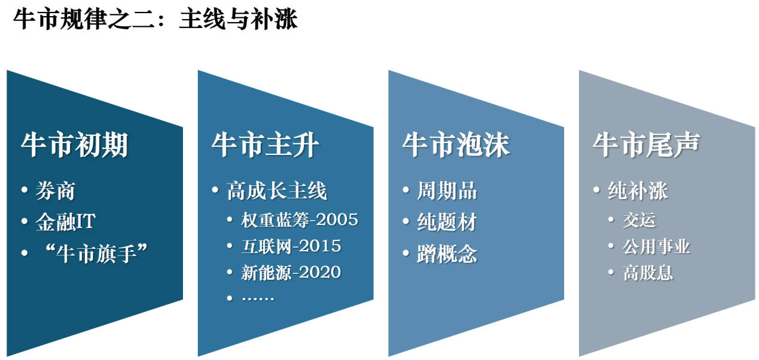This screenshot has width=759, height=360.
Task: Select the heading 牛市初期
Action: [x=75, y=145]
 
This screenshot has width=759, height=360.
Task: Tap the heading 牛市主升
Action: [x=266, y=145]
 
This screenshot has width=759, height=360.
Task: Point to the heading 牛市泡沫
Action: [x=456, y=145]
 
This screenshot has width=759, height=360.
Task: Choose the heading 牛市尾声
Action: [x=647, y=145]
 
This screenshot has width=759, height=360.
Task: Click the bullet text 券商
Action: [x=55, y=191]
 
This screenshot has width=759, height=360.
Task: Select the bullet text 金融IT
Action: [x=65, y=222]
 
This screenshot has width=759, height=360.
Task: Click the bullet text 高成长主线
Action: [x=277, y=191]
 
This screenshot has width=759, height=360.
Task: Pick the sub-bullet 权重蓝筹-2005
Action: [x=300, y=220]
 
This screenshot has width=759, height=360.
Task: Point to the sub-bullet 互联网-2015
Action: [x=291, y=246]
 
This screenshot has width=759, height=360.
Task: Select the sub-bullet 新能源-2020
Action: [x=291, y=272]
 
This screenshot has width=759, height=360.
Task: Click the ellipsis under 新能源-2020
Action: [x=258, y=297]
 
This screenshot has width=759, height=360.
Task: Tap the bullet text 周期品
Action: [x=447, y=191]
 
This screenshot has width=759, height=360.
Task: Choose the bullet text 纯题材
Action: [x=447, y=222]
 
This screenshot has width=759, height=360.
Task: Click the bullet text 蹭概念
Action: [x=447, y=254]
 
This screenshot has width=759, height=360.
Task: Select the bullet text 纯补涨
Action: [x=638, y=191]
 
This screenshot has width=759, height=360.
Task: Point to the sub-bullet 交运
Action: [x=639, y=220]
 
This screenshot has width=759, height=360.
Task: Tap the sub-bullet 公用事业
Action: [x=656, y=246]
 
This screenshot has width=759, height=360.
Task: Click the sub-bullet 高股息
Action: [x=648, y=273]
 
